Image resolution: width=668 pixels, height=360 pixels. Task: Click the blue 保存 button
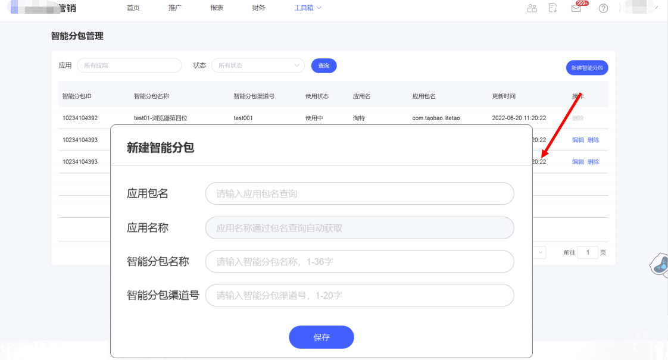(321, 337)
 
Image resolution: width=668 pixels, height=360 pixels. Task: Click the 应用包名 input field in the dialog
(359, 193)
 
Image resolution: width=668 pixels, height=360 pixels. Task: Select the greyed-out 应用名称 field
(359, 228)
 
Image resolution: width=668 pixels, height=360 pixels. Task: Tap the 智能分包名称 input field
(359, 262)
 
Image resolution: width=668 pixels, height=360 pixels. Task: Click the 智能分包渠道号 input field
(359, 295)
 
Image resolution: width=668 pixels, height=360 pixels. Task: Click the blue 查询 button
(324, 65)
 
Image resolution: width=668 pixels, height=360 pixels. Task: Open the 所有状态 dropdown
(258, 65)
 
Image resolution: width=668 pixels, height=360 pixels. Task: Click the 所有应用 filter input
(129, 65)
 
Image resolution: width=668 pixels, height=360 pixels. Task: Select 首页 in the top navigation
(133, 8)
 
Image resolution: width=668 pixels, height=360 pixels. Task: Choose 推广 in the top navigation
(175, 8)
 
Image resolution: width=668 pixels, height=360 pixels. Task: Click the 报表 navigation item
(217, 8)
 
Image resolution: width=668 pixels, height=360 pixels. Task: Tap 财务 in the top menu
(258, 8)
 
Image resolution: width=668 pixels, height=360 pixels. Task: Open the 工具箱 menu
(307, 8)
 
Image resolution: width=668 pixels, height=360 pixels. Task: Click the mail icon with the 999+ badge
(576, 8)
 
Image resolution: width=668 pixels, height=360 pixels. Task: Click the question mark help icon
(603, 8)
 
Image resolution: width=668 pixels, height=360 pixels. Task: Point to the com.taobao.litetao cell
(436, 118)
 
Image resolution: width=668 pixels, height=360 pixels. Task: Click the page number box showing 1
(588, 252)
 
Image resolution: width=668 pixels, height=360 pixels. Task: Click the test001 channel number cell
(243, 118)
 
